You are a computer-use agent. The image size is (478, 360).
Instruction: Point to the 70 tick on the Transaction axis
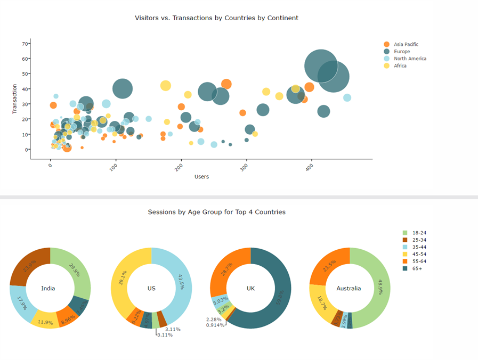pyautogui.click(x=25, y=43)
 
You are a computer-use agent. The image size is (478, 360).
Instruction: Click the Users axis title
pyautogui.click(x=201, y=177)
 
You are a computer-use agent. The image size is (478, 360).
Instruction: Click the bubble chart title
pyautogui.click(x=216, y=18)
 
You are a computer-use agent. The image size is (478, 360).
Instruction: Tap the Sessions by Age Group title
pyautogui.click(x=216, y=212)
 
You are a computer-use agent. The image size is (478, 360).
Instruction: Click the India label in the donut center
pyautogui.click(x=48, y=289)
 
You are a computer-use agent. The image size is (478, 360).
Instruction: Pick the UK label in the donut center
pyautogui.click(x=250, y=289)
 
